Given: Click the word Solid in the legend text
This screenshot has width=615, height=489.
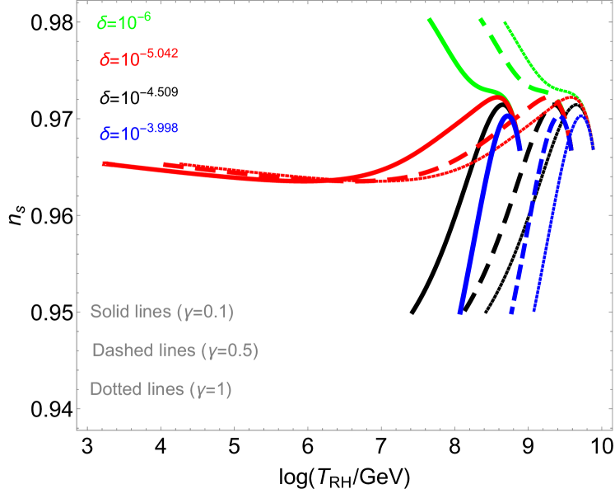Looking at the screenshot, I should coord(109,312).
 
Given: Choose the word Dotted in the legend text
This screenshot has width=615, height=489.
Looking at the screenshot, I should coord(114,389).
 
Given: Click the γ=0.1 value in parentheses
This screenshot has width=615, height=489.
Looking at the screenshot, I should coord(211,312).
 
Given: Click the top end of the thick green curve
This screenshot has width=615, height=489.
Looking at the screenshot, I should coord(430,19).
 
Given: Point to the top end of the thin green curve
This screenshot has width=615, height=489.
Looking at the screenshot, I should coord(504,22).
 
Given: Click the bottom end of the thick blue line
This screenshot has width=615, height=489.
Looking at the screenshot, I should coord(460,312).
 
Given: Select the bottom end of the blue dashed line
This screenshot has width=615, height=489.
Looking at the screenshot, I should coord(511,312).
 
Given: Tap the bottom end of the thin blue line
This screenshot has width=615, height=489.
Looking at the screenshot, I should coord(534,311).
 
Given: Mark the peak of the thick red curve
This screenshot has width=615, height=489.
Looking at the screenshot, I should coord(496,97).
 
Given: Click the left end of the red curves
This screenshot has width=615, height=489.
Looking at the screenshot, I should coord(103,163).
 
